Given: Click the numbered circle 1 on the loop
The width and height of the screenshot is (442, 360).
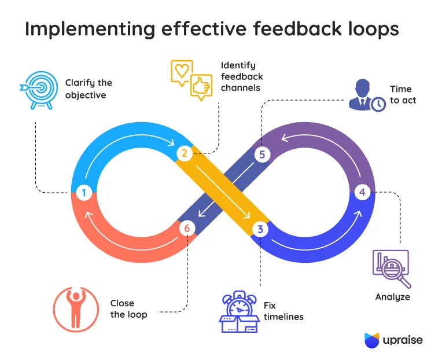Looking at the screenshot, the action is coord(84,193).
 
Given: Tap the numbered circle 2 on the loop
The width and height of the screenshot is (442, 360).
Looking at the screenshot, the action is coord(185,153).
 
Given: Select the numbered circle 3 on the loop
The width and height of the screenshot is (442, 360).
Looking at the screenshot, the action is coord(260,229).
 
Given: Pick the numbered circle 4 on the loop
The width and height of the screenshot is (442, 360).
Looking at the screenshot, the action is coord(362,192).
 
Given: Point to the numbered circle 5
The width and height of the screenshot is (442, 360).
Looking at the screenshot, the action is coord(262,155).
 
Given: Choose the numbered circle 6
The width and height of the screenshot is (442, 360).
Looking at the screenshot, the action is coord(187,228).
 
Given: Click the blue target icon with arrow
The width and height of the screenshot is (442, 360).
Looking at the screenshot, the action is coord(39,90).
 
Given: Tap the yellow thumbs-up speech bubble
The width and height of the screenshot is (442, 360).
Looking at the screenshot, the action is coord(201,87).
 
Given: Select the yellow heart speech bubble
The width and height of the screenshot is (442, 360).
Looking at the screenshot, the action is coord(182,73).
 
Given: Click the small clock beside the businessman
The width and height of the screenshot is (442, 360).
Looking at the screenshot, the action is coord(378,104).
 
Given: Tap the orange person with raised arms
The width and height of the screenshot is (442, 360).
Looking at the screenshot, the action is coord(76,310).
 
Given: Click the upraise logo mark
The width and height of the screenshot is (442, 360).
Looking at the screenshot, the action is coord(372,340).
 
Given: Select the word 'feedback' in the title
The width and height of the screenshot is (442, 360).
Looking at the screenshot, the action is coord(297,28).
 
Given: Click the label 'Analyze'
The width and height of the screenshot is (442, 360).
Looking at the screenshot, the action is coord(392,297).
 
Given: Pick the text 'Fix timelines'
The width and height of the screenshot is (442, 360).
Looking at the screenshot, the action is coord(283,311).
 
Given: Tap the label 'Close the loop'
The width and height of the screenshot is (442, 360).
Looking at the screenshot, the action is coord(129,309).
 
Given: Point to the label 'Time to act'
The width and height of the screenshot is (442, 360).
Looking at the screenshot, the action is coord(403,95).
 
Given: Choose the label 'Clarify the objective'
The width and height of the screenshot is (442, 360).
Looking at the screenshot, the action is coord(89,89).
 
